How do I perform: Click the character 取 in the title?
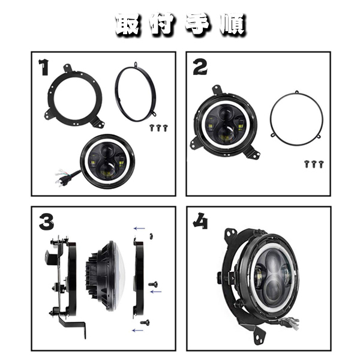[x=127, y=24]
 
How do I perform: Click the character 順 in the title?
[x=232, y=25]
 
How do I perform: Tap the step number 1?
[x=44, y=67]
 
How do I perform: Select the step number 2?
[x=200, y=67]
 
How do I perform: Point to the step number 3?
[x=46, y=222]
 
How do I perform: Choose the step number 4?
[x=200, y=221]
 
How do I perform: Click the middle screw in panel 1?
[x=158, y=128]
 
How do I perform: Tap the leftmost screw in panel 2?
[x=307, y=164]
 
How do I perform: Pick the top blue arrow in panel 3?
[x=139, y=229]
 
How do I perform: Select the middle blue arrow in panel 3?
[x=156, y=292]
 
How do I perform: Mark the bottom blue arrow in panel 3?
[x=138, y=331]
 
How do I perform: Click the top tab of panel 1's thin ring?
[x=136, y=64]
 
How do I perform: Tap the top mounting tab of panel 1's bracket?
[x=67, y=68]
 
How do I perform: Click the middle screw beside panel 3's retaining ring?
[x=153, y=284]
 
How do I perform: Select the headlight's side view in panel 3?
[x=106, y=276]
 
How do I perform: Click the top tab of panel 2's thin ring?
[x=296, y=92]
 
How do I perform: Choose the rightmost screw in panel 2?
[x=321, y=164]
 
